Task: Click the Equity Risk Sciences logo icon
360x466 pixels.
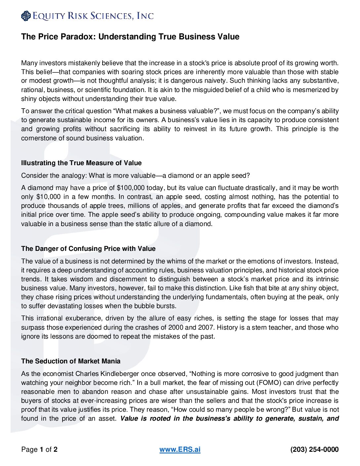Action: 26,16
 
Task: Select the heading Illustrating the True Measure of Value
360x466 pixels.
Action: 81,163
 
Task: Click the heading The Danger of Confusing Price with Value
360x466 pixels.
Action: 88,249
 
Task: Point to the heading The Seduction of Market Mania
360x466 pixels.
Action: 71,361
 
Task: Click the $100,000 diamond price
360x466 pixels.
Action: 131,188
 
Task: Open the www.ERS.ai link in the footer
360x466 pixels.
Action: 180,449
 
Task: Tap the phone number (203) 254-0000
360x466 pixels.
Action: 314,449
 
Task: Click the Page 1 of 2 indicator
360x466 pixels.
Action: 39,449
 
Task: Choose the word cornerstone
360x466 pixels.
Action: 39,138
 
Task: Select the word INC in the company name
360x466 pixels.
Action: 145,16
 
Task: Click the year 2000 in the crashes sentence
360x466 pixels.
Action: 176,328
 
